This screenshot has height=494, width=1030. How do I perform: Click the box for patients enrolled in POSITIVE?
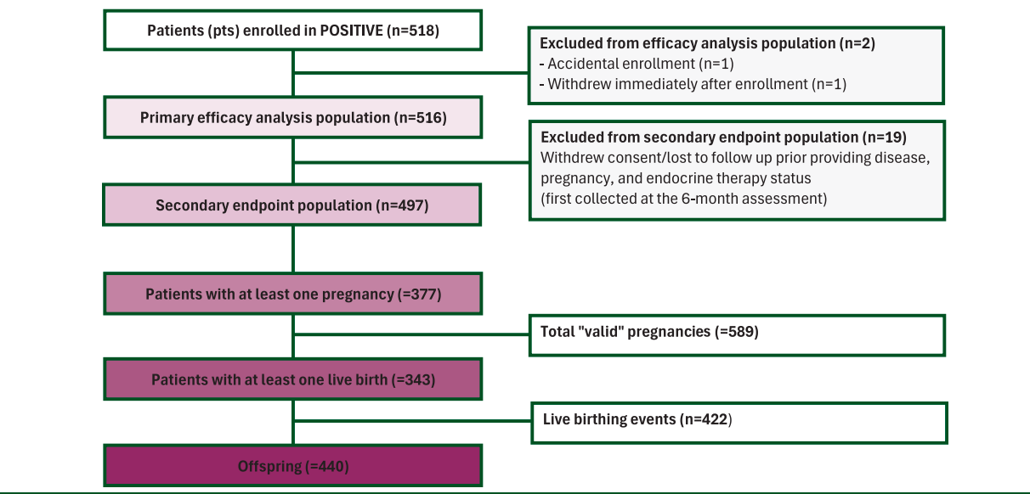click(293, 31)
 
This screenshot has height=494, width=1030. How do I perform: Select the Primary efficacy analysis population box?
click(293, 117)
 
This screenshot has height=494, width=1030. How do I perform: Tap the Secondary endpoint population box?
click(292, 205)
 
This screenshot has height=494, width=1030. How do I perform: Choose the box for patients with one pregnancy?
click(293, 294)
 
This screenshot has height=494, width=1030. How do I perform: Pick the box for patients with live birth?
click(293, 379)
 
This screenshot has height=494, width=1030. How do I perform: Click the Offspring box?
click(293, 465)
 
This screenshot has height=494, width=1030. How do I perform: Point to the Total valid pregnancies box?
click(737, 335)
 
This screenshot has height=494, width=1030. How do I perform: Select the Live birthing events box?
click(739, 423)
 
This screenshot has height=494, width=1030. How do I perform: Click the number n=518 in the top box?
click(412, 31)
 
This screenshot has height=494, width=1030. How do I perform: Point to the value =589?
click(736, 332)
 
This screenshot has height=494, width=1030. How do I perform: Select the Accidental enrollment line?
click(637, 64)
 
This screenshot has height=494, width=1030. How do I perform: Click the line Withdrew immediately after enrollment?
click(693, 84)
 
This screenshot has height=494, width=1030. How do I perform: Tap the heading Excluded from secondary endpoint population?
click(724, 138)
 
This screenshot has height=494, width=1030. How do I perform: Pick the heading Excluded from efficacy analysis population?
click(707, 43)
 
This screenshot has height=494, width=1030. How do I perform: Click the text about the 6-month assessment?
click(684, 199)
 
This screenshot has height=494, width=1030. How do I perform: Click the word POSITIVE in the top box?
click(351, 31)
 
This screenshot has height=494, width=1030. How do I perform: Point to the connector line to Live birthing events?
click(412, 420)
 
